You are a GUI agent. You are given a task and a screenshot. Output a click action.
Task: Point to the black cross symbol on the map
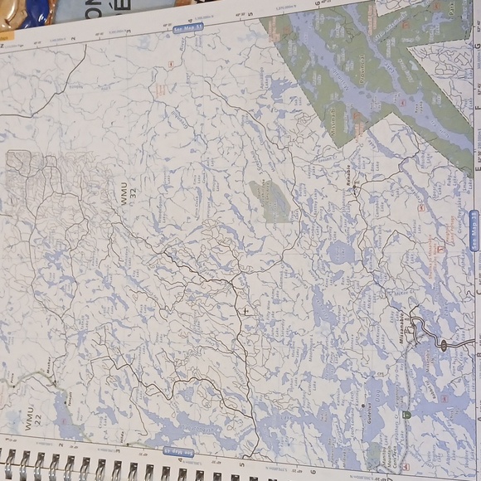coord(245,310)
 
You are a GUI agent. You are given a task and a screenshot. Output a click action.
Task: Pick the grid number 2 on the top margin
coord(73,37)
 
